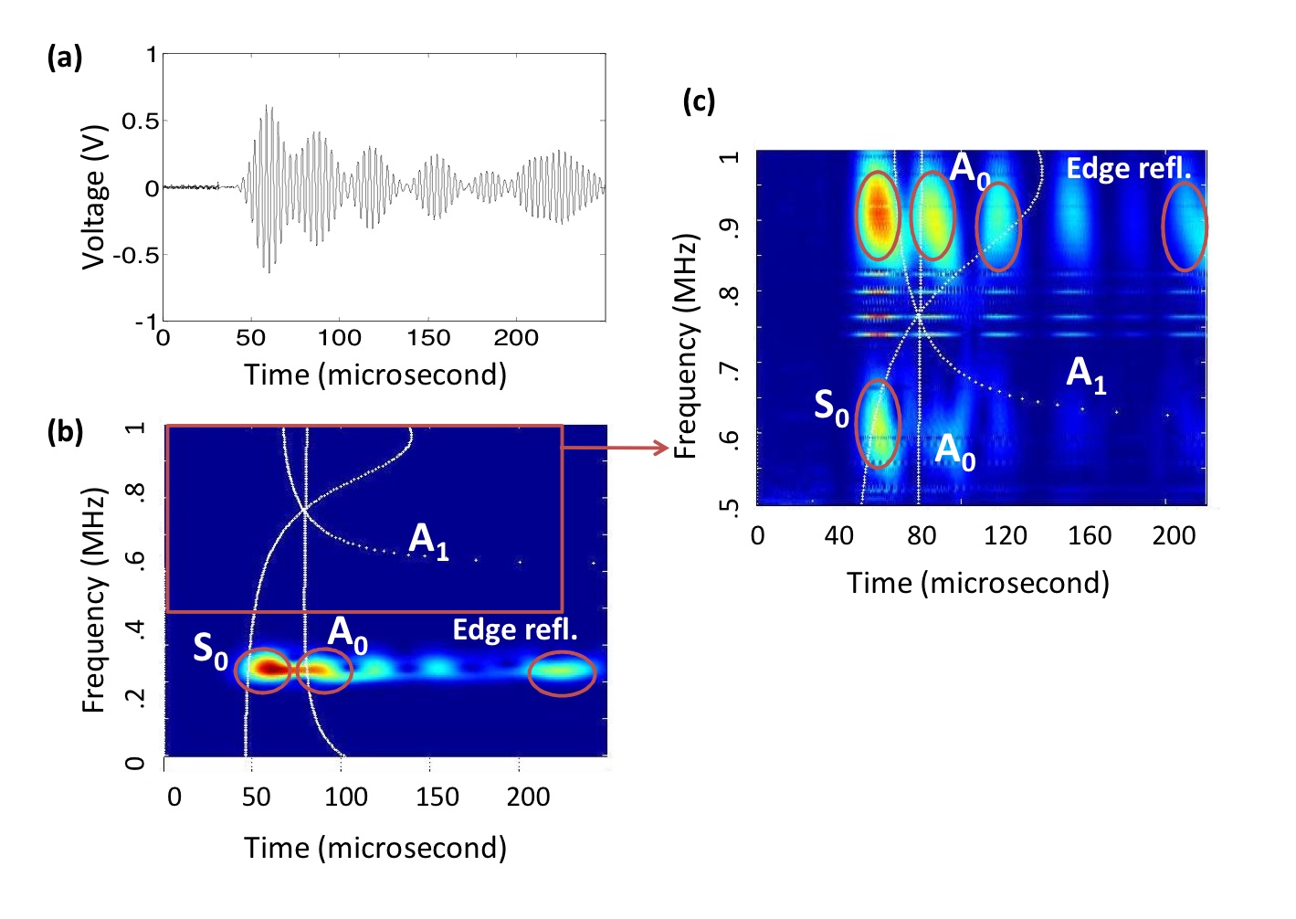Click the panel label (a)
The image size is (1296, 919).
64,58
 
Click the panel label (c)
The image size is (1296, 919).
699,100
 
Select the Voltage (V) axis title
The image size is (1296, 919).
93,196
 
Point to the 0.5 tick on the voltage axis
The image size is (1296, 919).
140,121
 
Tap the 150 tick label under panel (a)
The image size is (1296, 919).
427,338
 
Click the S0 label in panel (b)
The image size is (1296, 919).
210,650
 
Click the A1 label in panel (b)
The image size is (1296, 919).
428,540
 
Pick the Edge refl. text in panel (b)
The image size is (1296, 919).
515,629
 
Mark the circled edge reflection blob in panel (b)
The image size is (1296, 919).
562,673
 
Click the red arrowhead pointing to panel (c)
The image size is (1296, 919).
662,447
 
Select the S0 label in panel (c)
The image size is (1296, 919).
831,407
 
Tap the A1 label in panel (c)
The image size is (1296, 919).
1086,375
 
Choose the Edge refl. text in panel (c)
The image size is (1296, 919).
1129,168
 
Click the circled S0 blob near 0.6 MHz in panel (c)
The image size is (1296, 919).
877,423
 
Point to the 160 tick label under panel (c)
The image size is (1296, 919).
1089,535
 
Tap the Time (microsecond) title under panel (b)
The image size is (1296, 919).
374,848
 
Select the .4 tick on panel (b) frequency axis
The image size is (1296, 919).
134,628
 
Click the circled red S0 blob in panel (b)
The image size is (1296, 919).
264,669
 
